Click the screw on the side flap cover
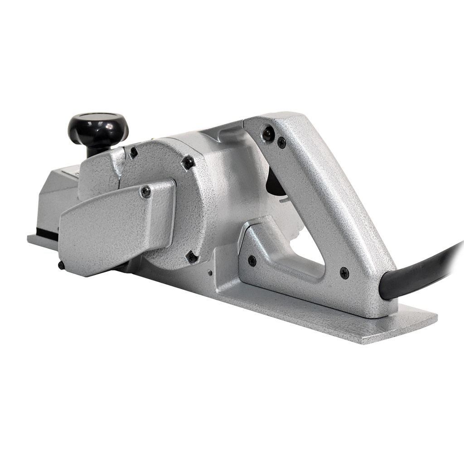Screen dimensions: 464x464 pos(146,192)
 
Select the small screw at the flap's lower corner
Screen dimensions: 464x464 pos(61,265)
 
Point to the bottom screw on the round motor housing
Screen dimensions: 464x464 pos(192,257)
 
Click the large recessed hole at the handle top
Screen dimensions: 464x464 pos(268,132)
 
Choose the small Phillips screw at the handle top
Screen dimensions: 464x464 pos(281,143)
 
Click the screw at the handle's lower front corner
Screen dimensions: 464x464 pos(252,261)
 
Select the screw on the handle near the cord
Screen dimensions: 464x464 pos(344,272)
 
